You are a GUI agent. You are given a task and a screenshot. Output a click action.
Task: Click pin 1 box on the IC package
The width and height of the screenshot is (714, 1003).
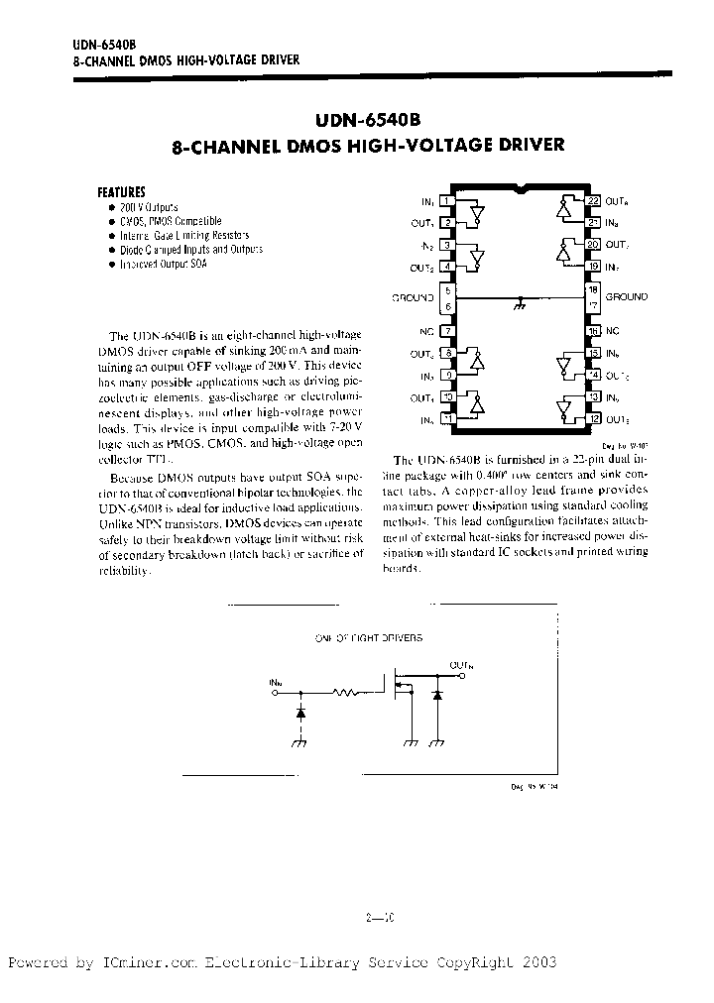pos(447,201)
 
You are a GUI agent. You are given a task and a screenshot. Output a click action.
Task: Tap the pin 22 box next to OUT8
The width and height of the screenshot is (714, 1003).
pos(593,201)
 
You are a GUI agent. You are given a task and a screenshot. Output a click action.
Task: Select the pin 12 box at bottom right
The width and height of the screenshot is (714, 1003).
pos(593,419)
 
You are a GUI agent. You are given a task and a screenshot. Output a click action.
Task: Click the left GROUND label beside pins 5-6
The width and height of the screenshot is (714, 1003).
pos(413,297)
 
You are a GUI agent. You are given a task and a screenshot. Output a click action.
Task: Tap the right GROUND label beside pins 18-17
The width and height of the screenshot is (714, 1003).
pos(626,296)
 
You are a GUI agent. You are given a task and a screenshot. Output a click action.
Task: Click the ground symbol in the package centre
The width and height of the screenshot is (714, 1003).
pos(521,304)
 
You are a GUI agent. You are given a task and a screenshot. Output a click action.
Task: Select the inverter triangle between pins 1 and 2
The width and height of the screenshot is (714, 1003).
pos(476,212)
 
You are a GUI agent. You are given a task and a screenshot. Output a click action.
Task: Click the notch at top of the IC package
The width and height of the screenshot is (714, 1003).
pos(521,187)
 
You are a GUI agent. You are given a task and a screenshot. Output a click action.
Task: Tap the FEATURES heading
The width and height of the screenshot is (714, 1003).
pos(121,191)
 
